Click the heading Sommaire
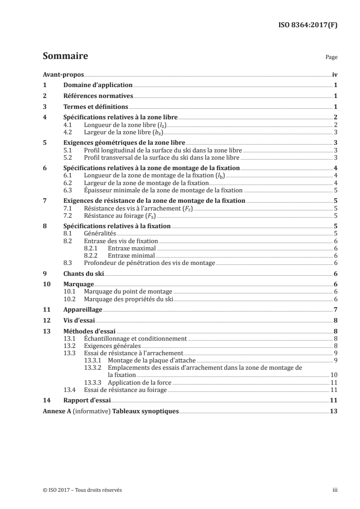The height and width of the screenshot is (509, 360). [65, 57]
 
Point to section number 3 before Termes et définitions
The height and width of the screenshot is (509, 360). [44, 107]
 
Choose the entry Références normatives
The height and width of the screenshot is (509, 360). [98, 96]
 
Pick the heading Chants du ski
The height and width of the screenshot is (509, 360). [84, 274]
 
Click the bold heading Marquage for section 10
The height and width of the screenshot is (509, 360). [78, 284]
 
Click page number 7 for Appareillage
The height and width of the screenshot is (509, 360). [335, 309]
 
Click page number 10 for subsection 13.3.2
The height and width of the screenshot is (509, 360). [334, 375]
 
